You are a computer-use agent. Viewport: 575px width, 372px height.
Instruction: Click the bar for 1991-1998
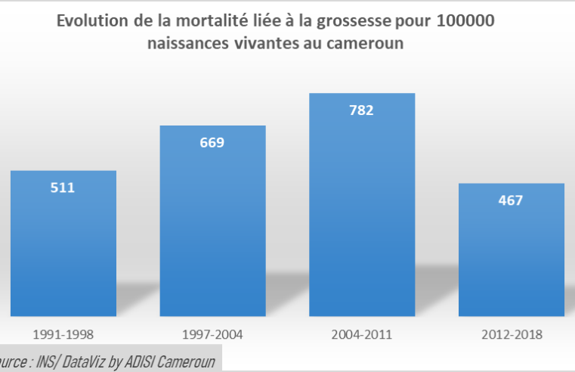63,250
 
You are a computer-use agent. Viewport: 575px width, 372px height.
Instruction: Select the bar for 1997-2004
212,227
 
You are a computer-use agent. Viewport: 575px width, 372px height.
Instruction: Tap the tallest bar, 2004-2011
361,212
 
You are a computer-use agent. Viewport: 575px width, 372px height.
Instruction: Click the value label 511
63,188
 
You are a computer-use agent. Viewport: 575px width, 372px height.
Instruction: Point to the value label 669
212,142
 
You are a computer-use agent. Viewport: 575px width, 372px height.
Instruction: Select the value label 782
361,110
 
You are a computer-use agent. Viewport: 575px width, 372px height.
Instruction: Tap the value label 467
511,200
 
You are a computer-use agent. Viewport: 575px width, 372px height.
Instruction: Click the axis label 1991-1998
63,334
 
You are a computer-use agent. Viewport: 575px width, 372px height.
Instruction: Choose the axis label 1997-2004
212,334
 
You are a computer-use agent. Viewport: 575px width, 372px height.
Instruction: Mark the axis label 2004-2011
361,334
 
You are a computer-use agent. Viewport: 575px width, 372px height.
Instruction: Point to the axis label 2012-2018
511,334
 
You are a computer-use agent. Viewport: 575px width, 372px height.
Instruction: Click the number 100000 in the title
465,21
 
